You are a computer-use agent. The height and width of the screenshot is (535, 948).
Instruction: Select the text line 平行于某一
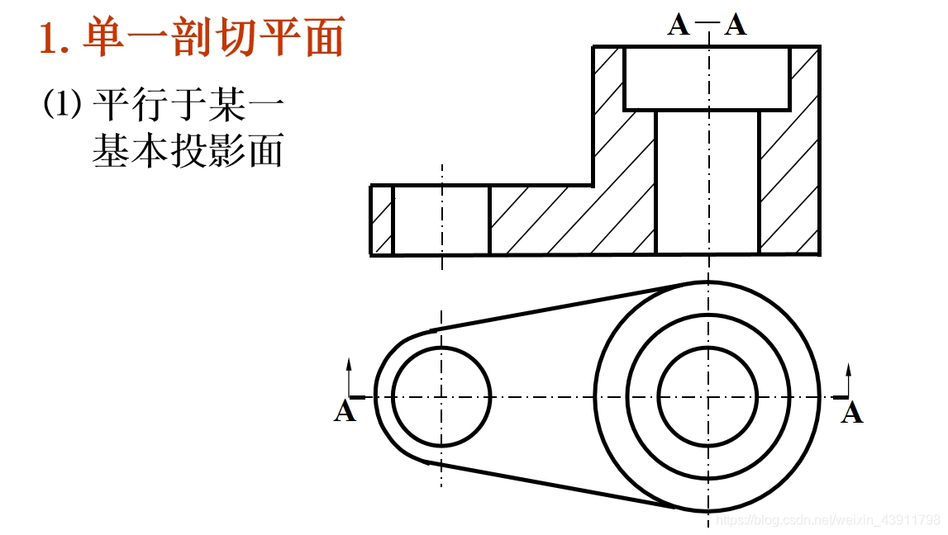[x=188, y=105]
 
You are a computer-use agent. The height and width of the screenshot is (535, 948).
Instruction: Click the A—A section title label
[x=707, y=25]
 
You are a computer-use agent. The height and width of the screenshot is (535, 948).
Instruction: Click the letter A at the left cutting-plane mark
[x=345, y=411]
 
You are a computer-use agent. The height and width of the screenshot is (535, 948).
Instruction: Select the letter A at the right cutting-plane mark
[x=851, y=411]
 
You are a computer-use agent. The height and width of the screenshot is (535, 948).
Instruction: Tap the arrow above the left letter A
[x=349, y=376]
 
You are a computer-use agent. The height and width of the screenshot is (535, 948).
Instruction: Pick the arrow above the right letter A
[x=849, y=378]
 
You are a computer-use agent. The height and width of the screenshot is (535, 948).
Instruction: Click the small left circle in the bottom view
[x=441, y=396]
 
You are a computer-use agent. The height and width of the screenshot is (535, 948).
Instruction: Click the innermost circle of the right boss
[x=707, y=396]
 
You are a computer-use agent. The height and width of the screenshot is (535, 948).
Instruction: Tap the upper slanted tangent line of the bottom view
[x=562, y=305]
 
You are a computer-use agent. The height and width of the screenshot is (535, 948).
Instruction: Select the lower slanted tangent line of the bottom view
[x=562, y=487]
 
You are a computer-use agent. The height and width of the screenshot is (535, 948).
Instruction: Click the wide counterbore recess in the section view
[x=707, y=78]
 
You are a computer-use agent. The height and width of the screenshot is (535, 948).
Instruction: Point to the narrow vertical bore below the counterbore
[x=707, y=182]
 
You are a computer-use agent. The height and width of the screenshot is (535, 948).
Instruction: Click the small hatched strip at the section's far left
[x=381, y=220]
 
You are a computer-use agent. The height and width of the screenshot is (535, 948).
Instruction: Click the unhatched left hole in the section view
[x=441, y=220]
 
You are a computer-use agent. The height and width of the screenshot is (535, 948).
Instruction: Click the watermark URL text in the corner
[x=827, y=520]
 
